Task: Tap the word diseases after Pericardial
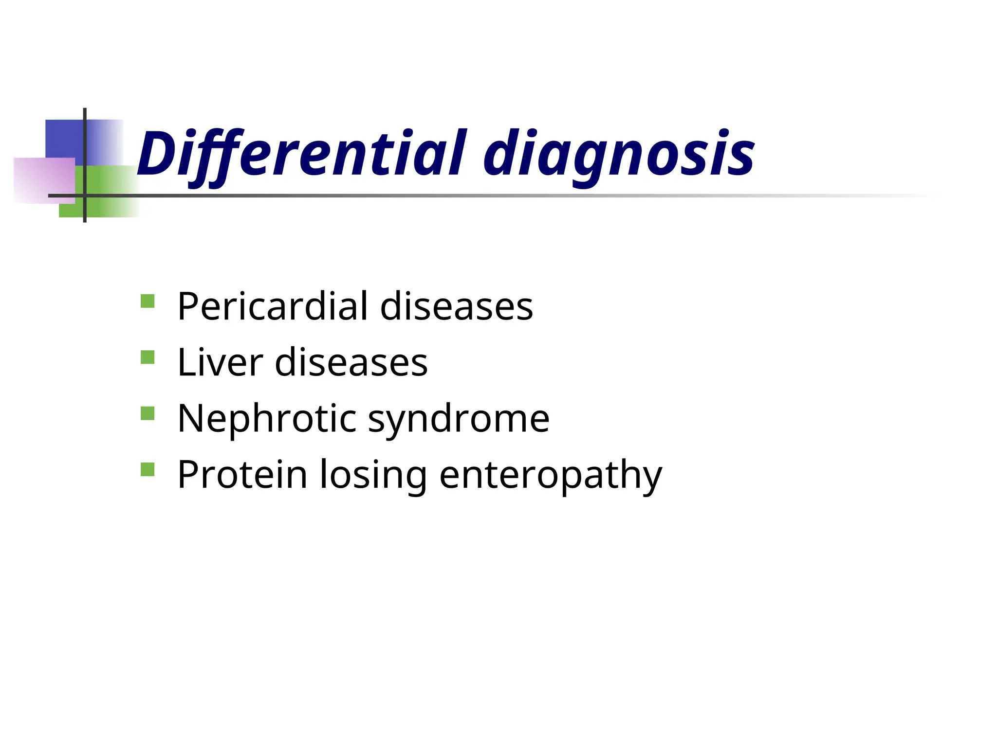[456, 306]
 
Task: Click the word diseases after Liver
[351, 362]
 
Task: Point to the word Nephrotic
[267, 418]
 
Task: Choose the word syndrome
[459, 419]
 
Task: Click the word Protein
[242, 474]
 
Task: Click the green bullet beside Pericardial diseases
[148, 301]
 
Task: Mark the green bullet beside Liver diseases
[148, 357]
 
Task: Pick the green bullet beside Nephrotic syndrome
[148, 413]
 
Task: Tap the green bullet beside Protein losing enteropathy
[148, 469]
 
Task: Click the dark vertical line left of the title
[85, 146]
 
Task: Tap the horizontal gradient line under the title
[487, 196]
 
